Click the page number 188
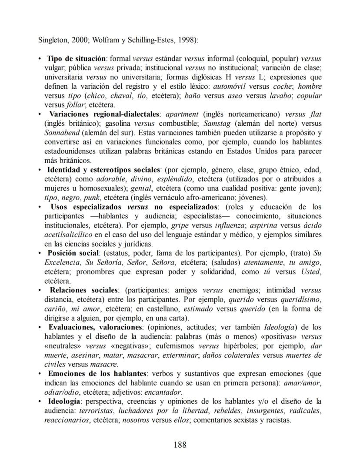(180, 445)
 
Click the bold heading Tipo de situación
(77, 58)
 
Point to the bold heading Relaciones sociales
(84, 290)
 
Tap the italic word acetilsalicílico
(67, 235)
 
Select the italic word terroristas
(91, 410)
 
